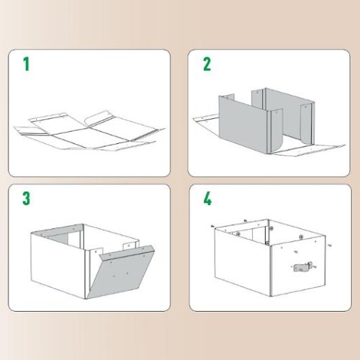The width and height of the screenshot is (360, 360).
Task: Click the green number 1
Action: (x=27, y=65)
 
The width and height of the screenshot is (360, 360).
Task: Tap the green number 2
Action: (x=207, y=64)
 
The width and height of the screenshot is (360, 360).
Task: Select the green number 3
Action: (x=27, y=198)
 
